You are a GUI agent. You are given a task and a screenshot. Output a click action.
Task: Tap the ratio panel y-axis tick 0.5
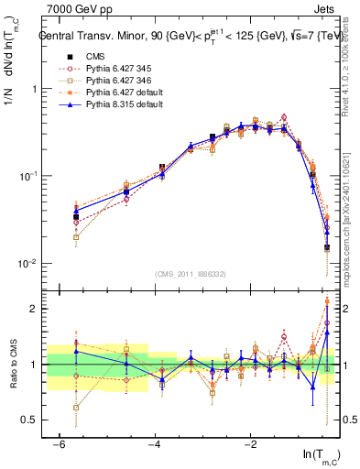[x=29, y=420]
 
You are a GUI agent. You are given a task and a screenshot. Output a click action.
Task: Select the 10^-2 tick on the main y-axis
[x=27, y=263]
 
